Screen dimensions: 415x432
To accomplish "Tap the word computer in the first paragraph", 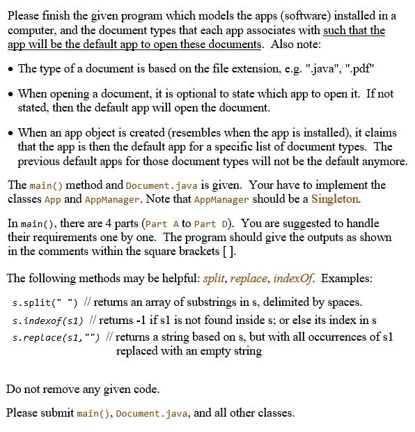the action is [x=31, y=31].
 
